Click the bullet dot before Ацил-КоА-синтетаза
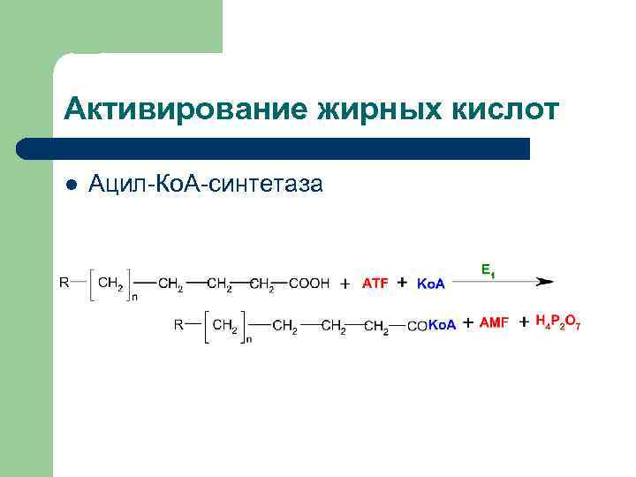pyautogui.click(x=72, y=184)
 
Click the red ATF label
pyautogui.click(x=375, y=284)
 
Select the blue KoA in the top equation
pyautogui.click(x=430, y=284)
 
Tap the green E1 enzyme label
pyautogui.click(x=488, y=269)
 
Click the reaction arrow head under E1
pyautogui.click(x=545, y=283)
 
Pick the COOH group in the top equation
pyautogui.click(x=309, y=284)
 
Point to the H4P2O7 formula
pyautogui.click(x=558, y=323)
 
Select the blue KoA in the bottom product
pyautogui.click(x=442, y=325)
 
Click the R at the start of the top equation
pyautogui.click(x=64, y=284)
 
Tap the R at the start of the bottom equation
pyautogui.click(x=179, y=324)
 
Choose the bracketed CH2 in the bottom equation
pyautogui.click(x=226, y=326)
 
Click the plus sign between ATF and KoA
pyautogui.click(x=403, y=283)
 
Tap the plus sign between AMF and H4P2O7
pyautogui.click(x=524, y=322)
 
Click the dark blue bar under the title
pyautogui.click(x=274, y=148)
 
